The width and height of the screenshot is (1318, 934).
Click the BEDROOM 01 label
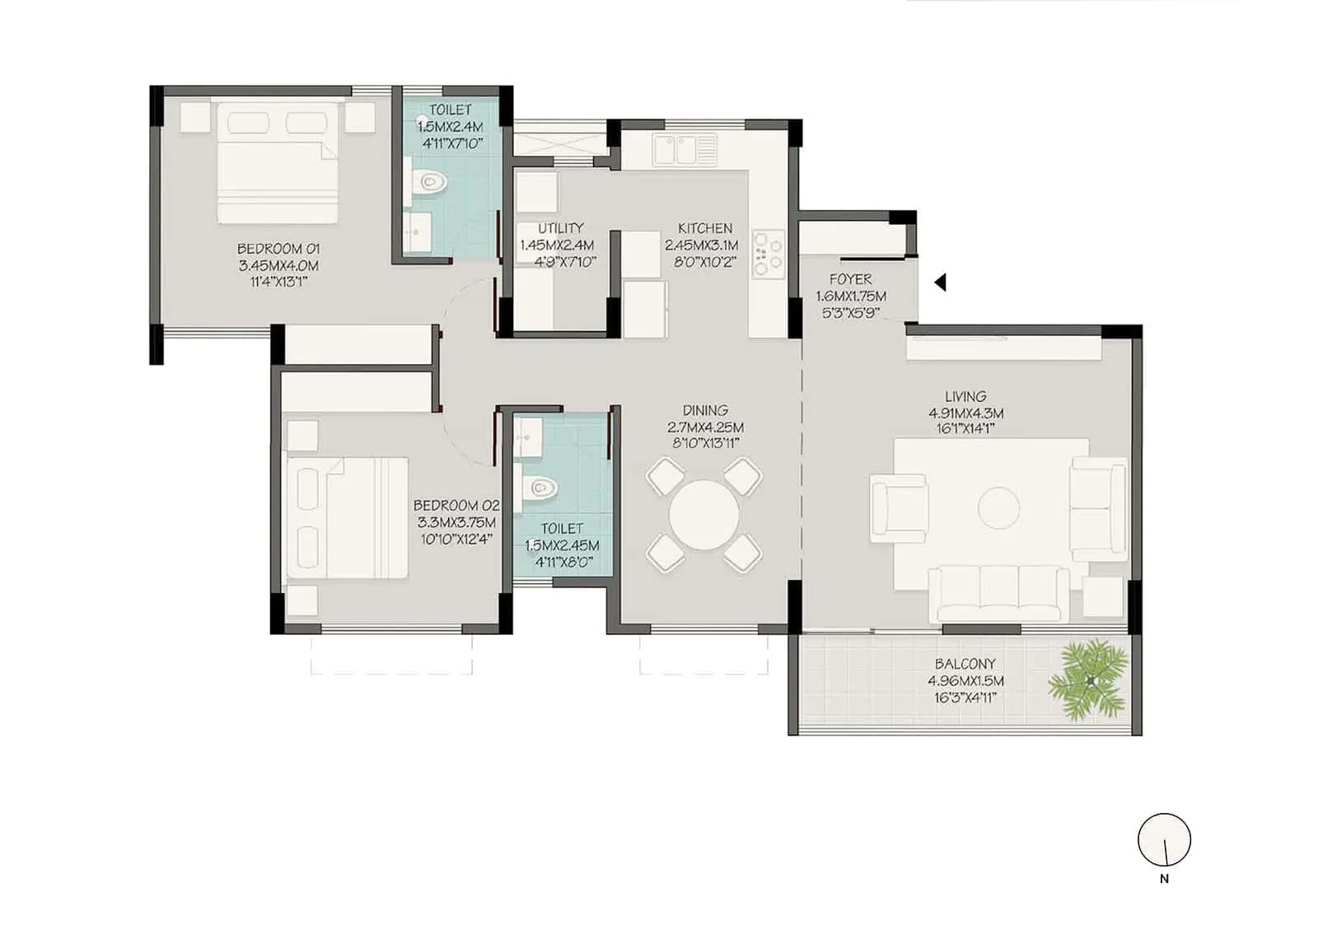[x=278, y=249]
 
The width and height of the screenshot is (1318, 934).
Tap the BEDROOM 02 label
[x=456, y=505]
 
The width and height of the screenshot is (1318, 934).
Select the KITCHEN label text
[x=705, y=228]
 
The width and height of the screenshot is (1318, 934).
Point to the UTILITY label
[x=561, y=228]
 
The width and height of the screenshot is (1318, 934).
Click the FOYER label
[x=850, y=279]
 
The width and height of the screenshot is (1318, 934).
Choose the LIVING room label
[x=965, y=396]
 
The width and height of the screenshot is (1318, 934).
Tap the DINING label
[x=705, y=410]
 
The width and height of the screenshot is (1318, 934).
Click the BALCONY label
[x=965, y=663]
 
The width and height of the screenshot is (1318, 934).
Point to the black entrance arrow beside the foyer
[x=940, y=283]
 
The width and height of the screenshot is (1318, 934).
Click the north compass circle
[x=1164, y=840]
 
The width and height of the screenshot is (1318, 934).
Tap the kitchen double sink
[x=685, y=150]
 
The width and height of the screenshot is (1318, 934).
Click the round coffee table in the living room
[x=998, y=507]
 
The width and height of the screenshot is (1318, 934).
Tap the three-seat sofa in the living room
[x=998, y=593]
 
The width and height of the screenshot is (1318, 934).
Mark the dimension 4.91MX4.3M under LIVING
[x=965, y=413]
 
